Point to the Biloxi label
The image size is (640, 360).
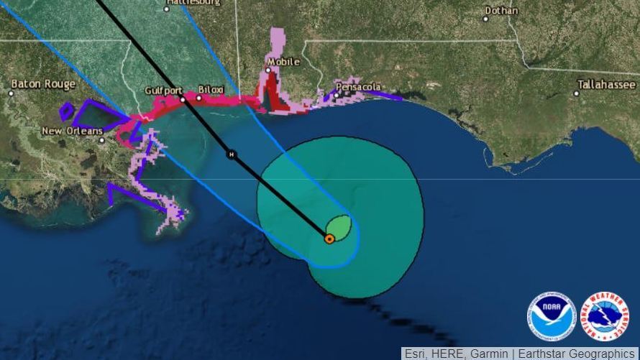click(211, 89)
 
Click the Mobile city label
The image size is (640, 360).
click(283, 62)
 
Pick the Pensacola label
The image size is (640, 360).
click(359, 87)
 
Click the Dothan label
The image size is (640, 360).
click(501, 10)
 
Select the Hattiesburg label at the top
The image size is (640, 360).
click(193, 3)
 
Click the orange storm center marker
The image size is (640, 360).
click(329, 239)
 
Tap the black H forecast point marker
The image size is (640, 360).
click(232, 154)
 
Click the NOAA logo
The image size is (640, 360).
click(552, 316)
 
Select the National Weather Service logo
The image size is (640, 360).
click(604, 316)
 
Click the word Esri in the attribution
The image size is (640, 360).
click(416, 354)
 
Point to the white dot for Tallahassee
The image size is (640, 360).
click(577, 93)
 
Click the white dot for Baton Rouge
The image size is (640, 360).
click(12, 93)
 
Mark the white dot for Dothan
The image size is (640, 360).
click(486, 19)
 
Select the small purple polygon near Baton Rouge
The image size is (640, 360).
click(66, 111)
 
